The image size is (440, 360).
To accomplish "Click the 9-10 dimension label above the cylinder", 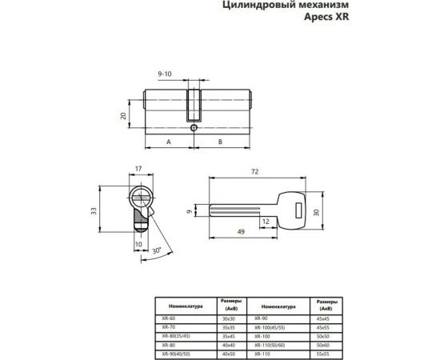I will (x=166, y=74).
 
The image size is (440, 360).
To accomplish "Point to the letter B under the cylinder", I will (x=220, y=141).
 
